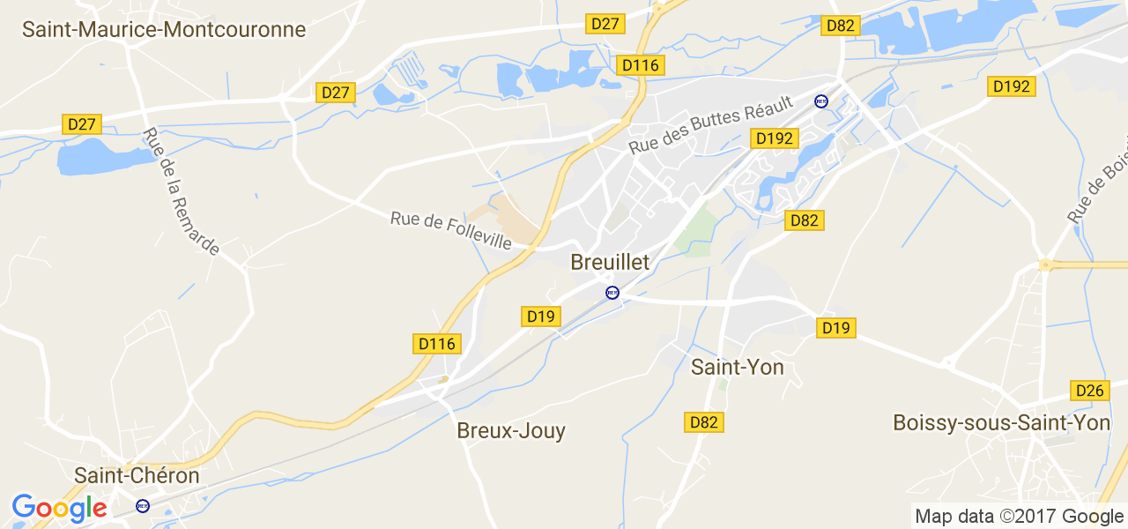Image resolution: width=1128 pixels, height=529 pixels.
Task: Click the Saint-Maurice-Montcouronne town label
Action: click(x=164, y=29)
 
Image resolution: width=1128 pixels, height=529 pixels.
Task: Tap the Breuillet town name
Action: click(x=610, y=262)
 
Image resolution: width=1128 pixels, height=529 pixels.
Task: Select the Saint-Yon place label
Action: click(x=738, y=367)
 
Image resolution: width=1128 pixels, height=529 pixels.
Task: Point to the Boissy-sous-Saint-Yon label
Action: click(x=1001, y=423)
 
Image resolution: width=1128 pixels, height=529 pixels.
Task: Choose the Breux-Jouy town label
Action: click(x=511, y=430)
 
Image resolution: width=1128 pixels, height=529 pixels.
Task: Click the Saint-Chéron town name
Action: click(x=137, y=475)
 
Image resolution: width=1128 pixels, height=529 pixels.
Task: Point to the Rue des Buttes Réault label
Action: click(x=711, y=124)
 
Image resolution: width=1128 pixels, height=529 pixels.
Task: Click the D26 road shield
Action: click(x=1089, y=390)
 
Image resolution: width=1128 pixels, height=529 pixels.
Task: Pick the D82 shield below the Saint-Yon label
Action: click(x=704, y=422)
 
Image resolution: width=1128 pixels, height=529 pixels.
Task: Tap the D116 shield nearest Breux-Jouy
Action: click(x=437, y=344)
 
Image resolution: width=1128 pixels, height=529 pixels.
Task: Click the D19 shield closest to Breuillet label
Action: click(x=541, y=317)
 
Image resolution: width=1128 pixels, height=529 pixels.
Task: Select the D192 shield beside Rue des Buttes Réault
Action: click(x=775, y=138)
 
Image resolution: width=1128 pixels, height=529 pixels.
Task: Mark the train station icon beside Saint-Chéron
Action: click(x=143, y=506)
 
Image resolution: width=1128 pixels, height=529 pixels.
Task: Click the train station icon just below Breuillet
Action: click(x=612, y=292)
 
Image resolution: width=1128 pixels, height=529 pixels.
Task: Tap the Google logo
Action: click(x=59, y=508)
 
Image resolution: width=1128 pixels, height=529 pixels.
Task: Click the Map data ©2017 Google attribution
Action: click(x=1019, y=517)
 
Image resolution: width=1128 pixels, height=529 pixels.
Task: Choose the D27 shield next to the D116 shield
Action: click(x=605, y=24)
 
